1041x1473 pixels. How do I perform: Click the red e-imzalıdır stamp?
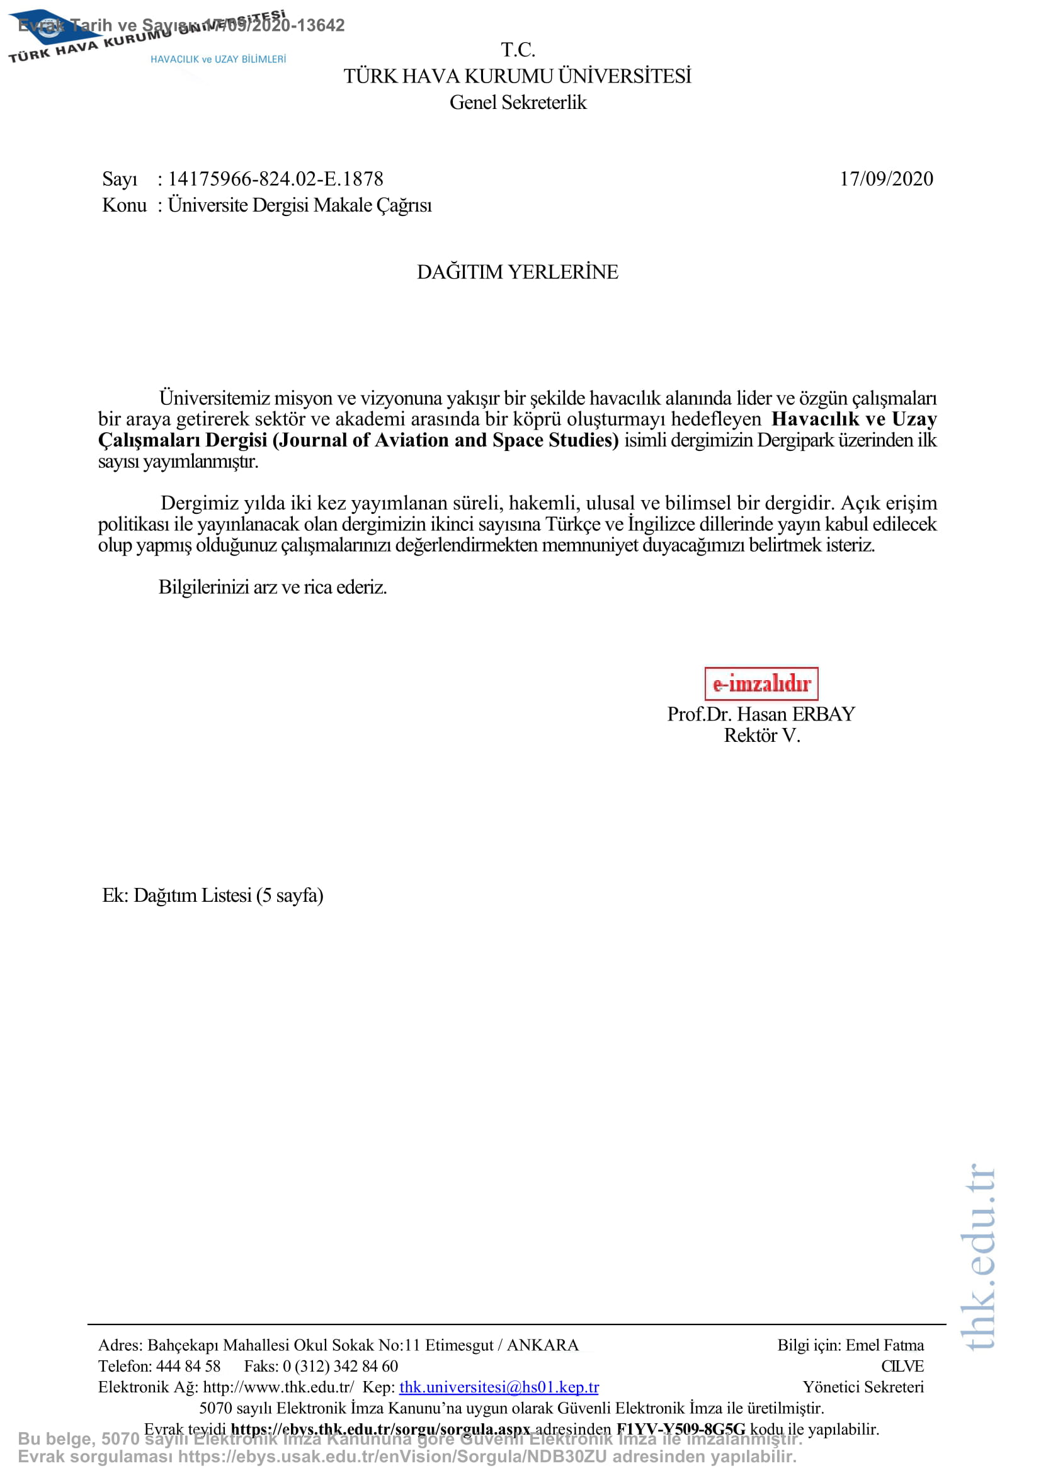[x=761, y=683]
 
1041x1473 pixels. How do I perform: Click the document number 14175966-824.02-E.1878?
[x=275, y=179]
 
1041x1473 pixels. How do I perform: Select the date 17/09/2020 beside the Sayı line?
[x=886, y=179]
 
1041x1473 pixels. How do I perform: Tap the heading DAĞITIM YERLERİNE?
[x=517, y=272]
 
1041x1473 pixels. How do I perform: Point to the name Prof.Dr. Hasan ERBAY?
[x=761, y=714]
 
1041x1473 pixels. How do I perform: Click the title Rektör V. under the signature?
[x=761, y=735]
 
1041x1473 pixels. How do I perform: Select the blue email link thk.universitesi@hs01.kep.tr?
[x=498, y=1387]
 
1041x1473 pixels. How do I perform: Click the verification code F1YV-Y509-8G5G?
[x=681, y=1429]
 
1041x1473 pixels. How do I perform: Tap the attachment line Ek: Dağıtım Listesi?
[x=212, y=895]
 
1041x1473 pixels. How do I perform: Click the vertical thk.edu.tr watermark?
[x=979, y=1258]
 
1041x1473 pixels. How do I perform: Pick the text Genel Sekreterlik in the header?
[x=518, y=103]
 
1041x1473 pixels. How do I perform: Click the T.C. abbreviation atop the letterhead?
[x=518, y=49]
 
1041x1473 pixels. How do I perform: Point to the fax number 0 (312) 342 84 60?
[x=340, y=1366]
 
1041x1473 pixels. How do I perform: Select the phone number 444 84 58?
[x=188, y=1366]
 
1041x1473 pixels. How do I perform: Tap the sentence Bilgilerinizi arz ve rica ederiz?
[x=273, y=587]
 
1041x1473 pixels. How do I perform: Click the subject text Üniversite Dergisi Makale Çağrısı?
[x=300, y=205]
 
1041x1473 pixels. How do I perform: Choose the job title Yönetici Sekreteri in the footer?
[x=863, y=1387]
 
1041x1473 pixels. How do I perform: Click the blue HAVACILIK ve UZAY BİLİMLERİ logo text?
[x=218, y=59]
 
